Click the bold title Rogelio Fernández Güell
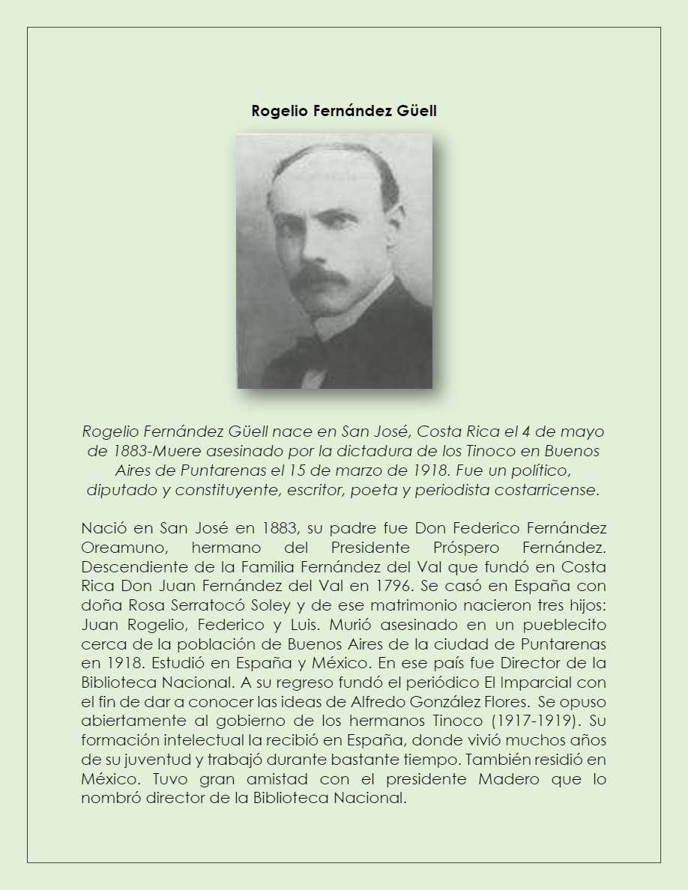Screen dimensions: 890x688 (344, 111)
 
